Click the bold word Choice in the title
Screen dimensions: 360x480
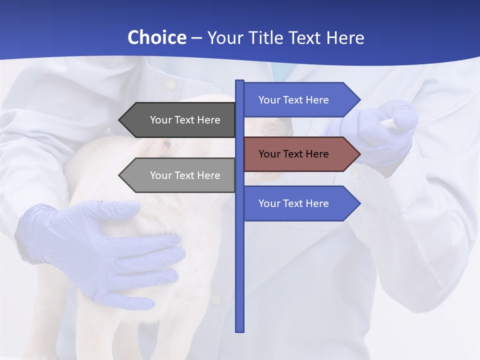coord(156,37)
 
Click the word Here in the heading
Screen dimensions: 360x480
coord(345,37)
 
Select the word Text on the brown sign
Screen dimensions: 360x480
coord(294,154)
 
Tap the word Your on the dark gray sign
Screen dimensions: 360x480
coord(160,120)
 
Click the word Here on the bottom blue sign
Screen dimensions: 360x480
coord(317,203)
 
